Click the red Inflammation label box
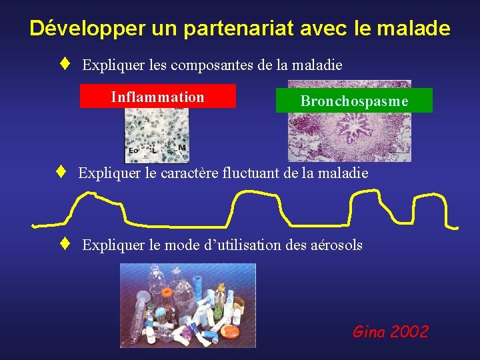pos(158,97)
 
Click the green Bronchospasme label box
pos(354,101)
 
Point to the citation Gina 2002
pos(391,331)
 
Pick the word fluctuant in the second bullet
pos(276,173)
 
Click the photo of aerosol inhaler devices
pos(187,305)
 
